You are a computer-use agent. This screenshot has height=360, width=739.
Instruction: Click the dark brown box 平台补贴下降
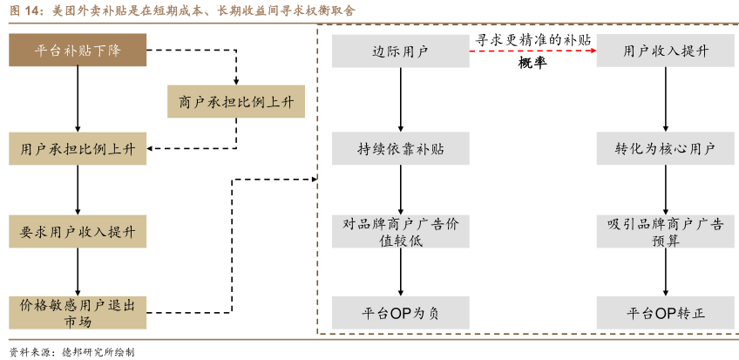(78, 51)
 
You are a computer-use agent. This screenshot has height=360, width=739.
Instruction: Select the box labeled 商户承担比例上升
(236, 101)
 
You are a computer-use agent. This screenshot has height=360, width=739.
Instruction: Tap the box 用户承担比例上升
(78, 149)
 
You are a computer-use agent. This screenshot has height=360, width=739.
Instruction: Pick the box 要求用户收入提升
(78, 231)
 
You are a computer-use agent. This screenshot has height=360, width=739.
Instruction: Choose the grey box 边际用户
(400, 51)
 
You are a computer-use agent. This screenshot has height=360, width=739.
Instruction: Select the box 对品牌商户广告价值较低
(400, 232)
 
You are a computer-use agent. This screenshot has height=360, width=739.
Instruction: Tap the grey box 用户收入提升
(666, 51)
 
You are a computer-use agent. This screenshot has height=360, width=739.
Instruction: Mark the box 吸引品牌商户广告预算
(666, 232)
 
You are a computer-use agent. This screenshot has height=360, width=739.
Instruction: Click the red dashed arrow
(532, 52)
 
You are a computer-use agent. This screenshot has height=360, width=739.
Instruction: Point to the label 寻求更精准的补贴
(532, 40)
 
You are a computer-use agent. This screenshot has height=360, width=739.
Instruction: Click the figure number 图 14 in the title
(24, 10)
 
